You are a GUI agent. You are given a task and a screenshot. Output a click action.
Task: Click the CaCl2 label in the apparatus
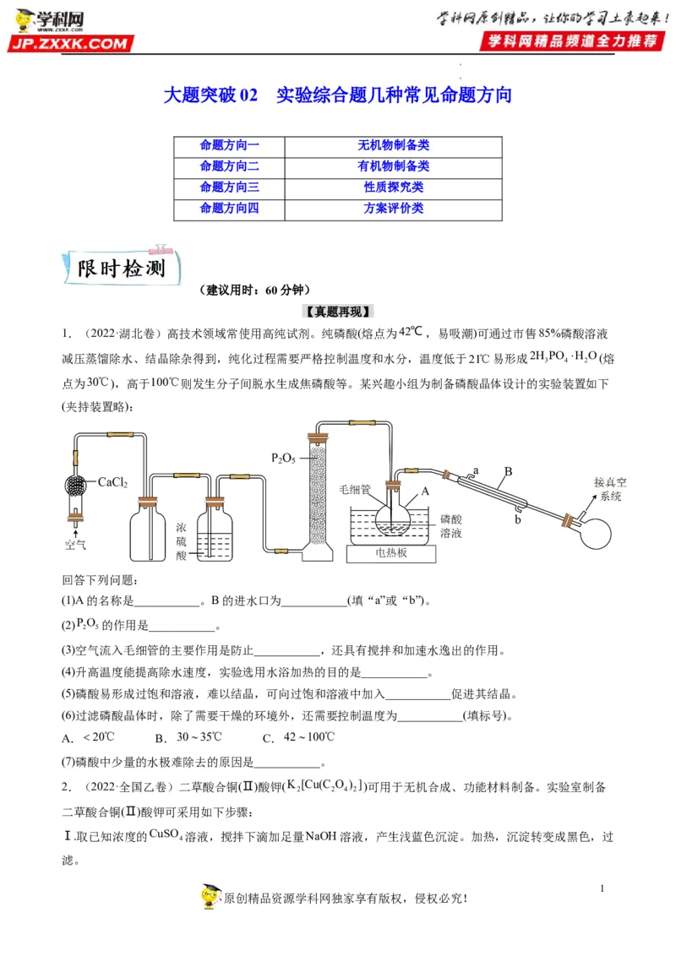tap(112, 483)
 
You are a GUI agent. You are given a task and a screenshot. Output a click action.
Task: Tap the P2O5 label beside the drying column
tap(283, 458)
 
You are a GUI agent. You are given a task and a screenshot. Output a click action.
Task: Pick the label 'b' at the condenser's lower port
tap(517, 520)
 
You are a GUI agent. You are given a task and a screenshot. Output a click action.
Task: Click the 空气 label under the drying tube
tap(75, 545)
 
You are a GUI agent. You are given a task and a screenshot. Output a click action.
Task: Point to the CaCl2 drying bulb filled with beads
tap(75, 485)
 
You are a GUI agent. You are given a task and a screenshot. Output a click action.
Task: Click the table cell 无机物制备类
tap(393, 145)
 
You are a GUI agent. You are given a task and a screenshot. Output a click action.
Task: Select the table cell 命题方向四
tap(229, 208)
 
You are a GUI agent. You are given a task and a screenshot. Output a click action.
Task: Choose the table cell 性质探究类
tap(393, 187)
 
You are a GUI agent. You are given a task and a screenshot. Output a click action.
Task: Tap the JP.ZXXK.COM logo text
tap(71, 43)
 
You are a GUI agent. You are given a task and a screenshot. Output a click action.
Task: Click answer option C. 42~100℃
tap(297, 737)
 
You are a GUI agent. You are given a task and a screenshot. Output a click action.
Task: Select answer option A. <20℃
tap(88, 737)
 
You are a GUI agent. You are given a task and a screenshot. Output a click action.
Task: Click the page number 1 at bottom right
tap(602, 888)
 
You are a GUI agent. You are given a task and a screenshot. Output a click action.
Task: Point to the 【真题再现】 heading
tap(338, 310)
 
